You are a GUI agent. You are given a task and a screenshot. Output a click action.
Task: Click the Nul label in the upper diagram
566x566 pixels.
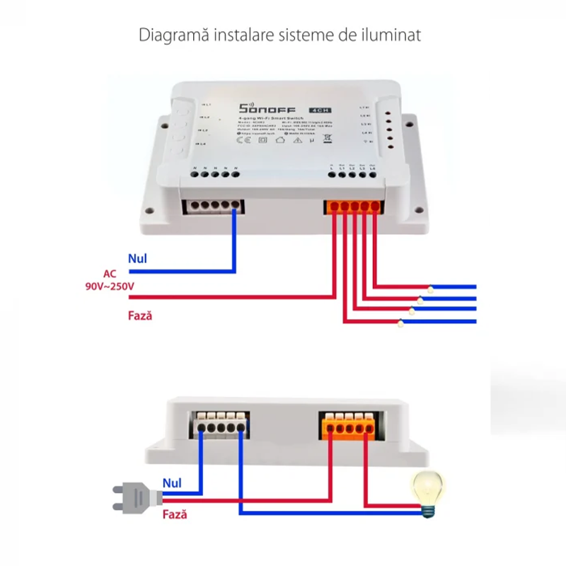(x=137, y=259)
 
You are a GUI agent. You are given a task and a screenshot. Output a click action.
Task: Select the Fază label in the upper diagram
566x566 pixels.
(x=140, y=316)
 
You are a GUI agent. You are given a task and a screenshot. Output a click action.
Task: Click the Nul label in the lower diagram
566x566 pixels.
(x=172, y=483)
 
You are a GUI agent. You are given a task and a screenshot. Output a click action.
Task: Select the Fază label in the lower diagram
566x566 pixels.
(x=175, y=515)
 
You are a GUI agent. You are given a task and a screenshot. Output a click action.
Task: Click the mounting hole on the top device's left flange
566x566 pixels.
(x=149, y=209)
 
